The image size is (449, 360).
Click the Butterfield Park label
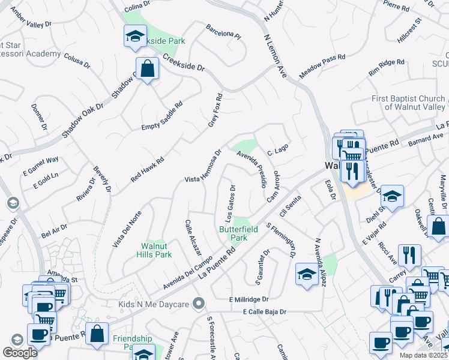pos(233,233)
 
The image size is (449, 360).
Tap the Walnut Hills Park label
pos(156,250)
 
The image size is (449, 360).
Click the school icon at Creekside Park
pos(135,36)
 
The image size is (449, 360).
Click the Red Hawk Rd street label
pos(148,170)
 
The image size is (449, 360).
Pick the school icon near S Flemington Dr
pos(307,275)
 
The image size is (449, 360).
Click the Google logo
pos(20,352)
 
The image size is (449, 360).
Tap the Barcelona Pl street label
pos(223,31)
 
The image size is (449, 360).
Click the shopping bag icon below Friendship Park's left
pos(97,334)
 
